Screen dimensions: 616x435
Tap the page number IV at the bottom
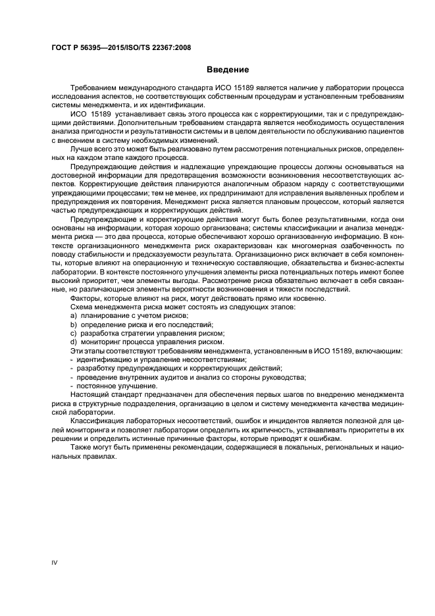tap(55, 561)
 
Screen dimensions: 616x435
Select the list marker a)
tap(74, 316)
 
